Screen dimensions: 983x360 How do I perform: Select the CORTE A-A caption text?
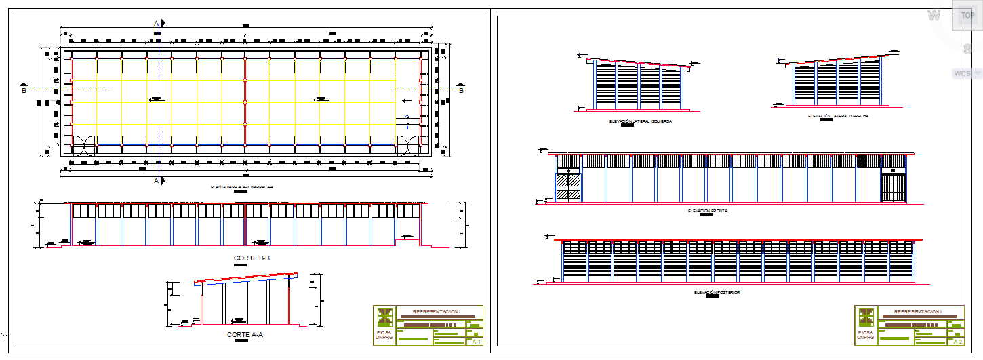(x=244, y=335)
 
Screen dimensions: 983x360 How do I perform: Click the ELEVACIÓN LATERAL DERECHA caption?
(x=838, y=116)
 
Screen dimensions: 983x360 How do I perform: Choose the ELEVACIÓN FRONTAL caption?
(x=708, y=211)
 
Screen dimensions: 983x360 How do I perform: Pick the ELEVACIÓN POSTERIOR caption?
(x=717, y=292)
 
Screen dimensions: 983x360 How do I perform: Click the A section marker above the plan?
(x=157, y=24)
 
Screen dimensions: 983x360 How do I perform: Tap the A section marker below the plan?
(x=157, y=181)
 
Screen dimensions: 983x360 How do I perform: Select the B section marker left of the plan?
(x=24, y=90)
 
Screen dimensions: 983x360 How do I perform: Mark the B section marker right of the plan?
(x=462, y=90)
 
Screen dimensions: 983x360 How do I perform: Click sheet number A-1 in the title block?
(x=476, y=342)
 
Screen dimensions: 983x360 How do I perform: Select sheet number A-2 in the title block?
(x=957, y=342)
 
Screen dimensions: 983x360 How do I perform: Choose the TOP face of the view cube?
(x=967, y=15)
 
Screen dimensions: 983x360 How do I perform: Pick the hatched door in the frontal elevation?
(x=568, y=187)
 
